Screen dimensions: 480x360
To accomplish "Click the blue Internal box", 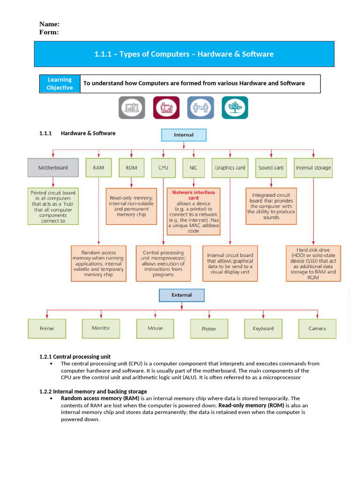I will click(x=184, y=135).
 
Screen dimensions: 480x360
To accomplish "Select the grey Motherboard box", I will click(x=53, y=168).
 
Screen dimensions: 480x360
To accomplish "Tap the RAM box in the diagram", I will click(x=98, y=168).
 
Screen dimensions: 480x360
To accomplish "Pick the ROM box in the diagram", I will click(x=131, y=168).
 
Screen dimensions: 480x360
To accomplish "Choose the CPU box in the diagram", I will click(x=163, y=168).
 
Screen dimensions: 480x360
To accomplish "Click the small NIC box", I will click(x=194, y=168).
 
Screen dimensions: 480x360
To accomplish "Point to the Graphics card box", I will click(x=230, y=168).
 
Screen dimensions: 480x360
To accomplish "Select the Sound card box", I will click(x=271, y=168).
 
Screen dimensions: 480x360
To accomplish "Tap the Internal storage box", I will click(x=313, y=168).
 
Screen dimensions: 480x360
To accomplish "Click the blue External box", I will click(x=182, y=295).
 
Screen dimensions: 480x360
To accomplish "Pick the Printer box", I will click(x=47, y=329).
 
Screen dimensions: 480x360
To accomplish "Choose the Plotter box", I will click(x=209, y=329).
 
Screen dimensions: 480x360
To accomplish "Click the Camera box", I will click(x=317, y=329).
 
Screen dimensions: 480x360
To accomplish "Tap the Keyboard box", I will click(x=263, y=329).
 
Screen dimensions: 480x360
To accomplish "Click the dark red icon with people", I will click(x=166, y=108).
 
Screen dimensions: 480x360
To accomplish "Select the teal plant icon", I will click(x=235, y=108).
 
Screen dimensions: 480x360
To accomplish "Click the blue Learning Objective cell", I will click(x=60, y=83).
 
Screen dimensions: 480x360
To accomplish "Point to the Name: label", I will click(x=49, y=24).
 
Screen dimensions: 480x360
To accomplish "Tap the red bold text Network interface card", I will click(x=194, y=195).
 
